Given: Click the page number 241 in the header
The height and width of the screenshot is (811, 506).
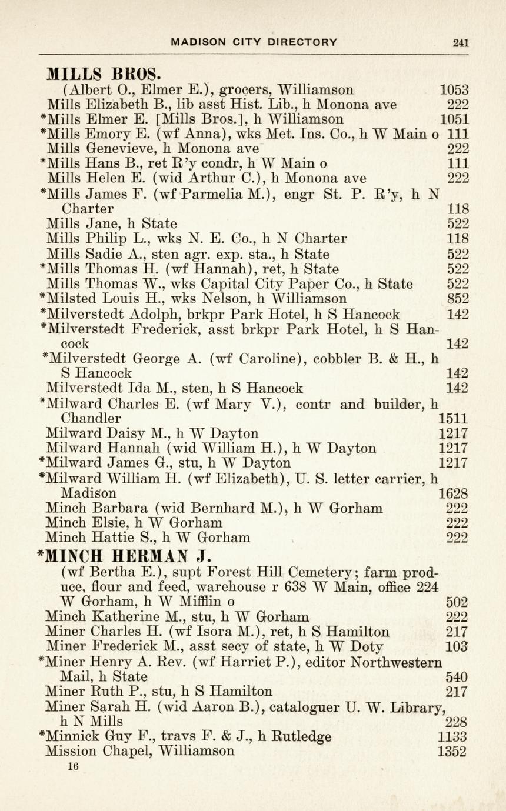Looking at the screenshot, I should pos(460,42).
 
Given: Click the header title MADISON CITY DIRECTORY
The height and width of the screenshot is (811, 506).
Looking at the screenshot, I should pos(254,42).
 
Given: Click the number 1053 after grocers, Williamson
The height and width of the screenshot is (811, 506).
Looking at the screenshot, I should pos(454,91).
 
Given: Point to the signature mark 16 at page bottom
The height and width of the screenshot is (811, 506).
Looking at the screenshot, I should pos(73,766).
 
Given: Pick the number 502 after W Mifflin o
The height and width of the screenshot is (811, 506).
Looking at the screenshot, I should pos(458,602).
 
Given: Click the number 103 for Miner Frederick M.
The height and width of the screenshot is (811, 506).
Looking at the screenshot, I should pos(458,647).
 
